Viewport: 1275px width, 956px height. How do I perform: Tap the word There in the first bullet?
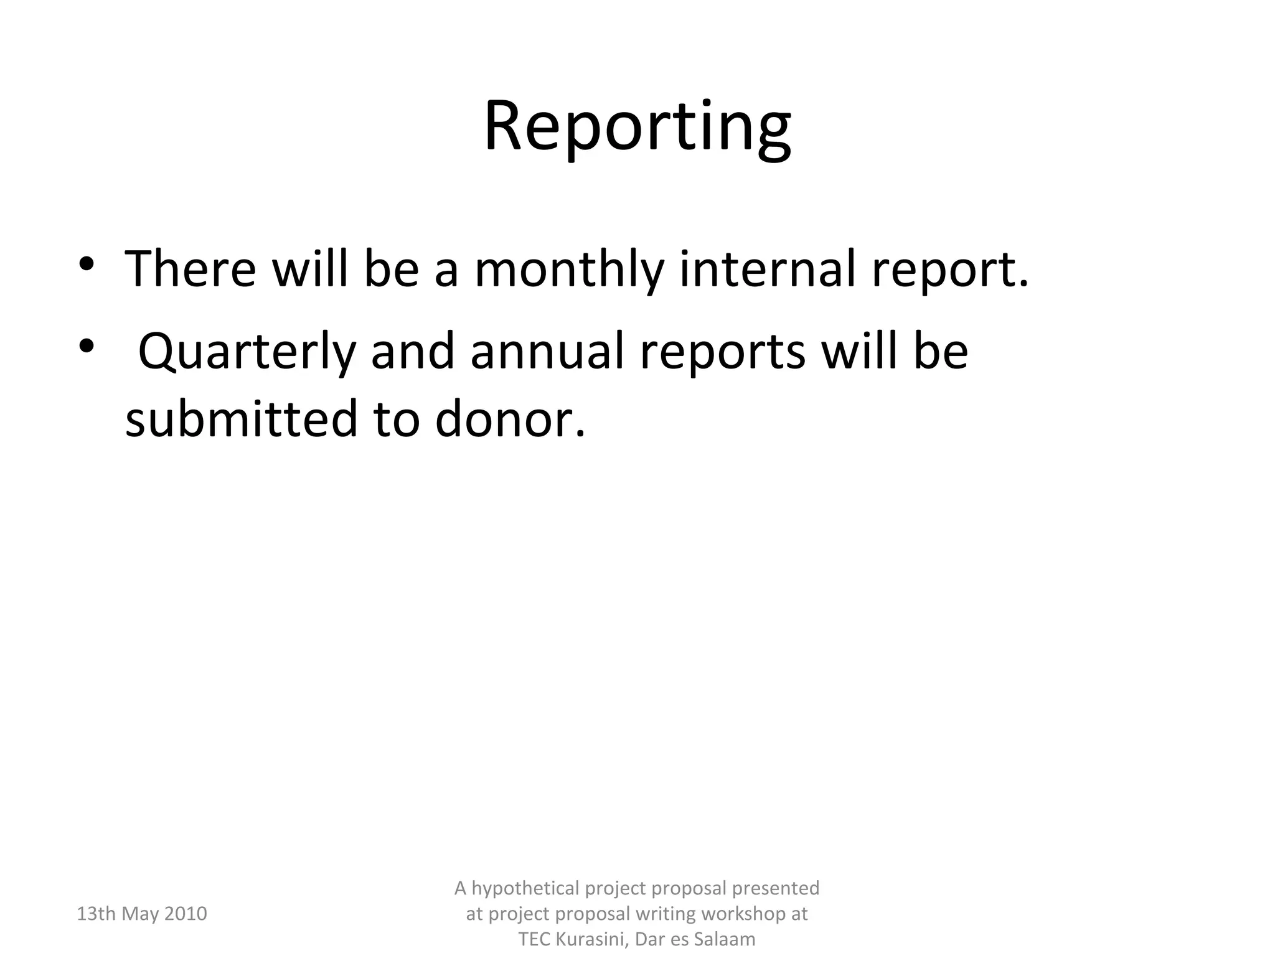pyautogui.click(x=190, y=269)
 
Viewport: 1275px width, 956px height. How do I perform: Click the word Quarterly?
pyautogui.click(x=247, y=351)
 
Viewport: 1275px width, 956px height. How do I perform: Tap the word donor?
pyautogui.click(x=510, y=418)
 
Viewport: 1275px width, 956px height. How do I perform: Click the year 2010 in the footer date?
pyautogui.click(x=186, y=914)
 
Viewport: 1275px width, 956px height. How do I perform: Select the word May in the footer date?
pyautogui.click(x=140, y=914)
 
